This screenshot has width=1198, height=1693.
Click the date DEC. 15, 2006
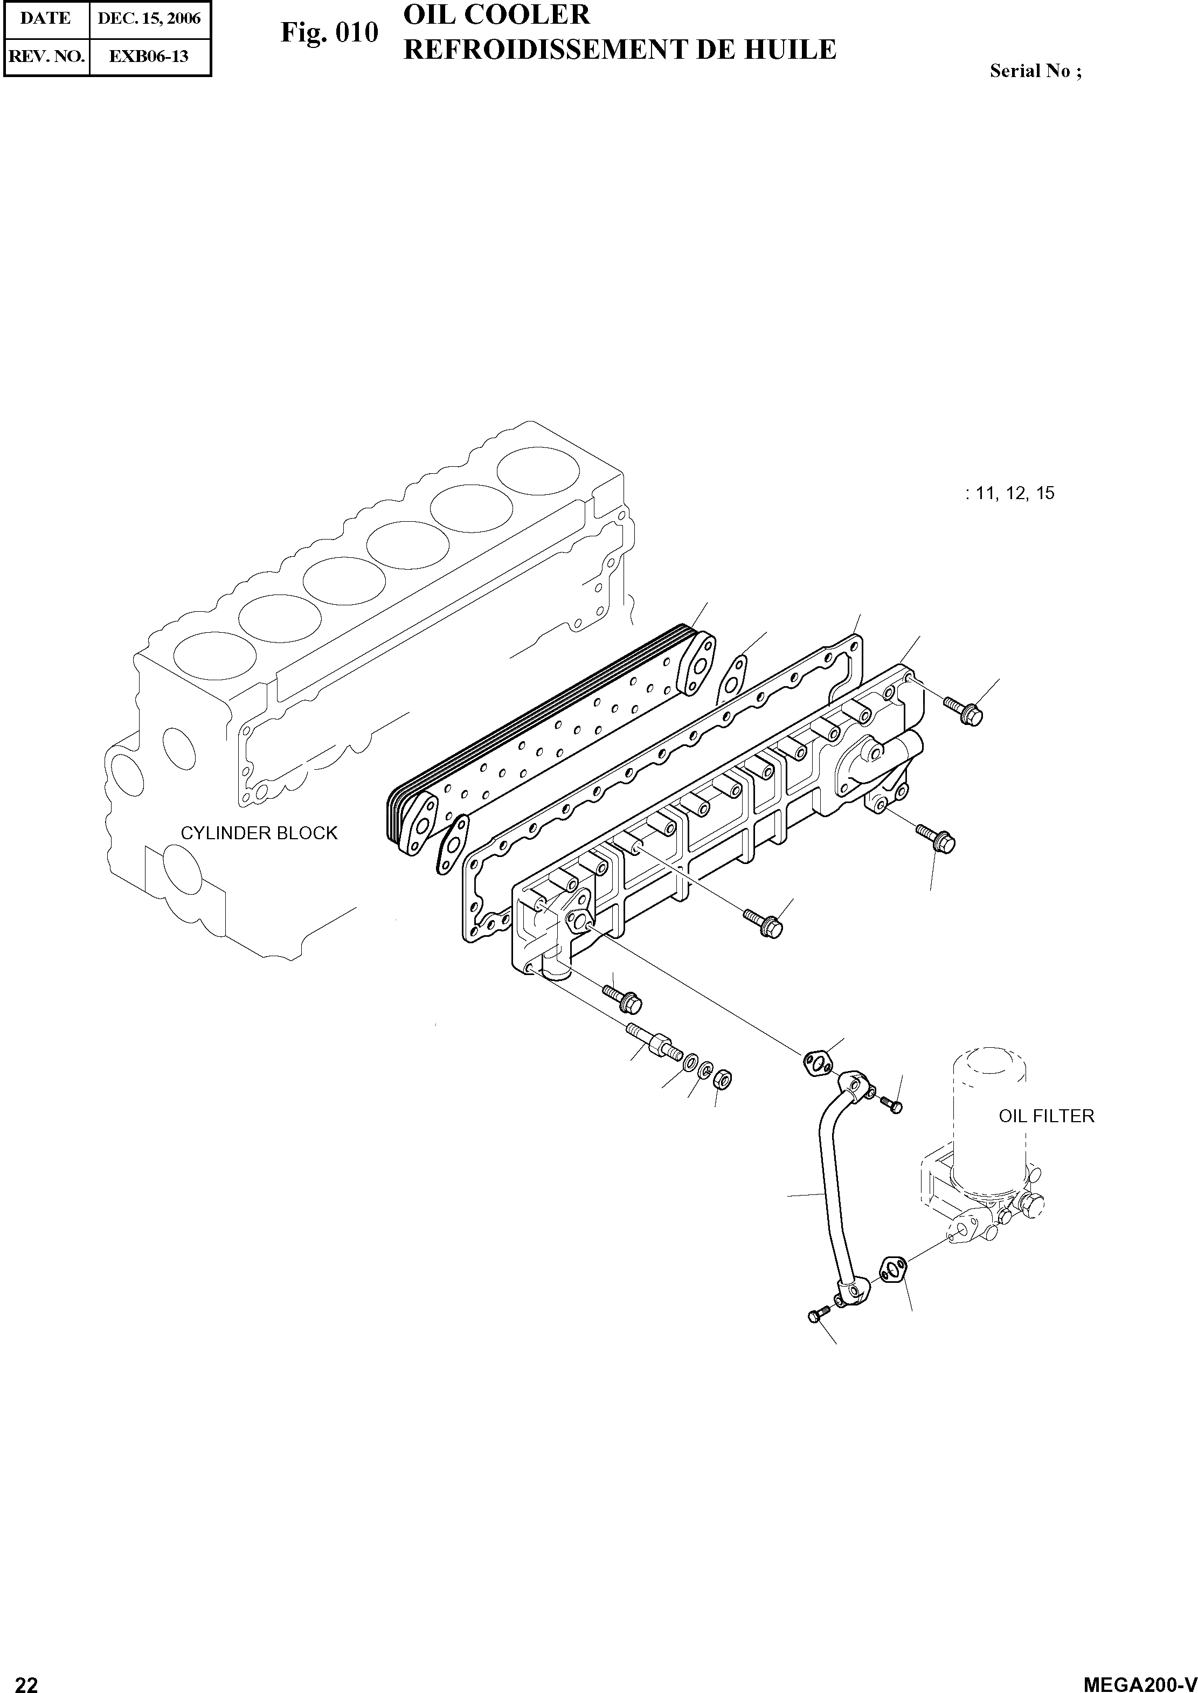[x=149, y=18]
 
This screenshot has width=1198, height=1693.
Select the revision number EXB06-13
[x=149, y=56]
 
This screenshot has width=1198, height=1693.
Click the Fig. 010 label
[x=329, y=33]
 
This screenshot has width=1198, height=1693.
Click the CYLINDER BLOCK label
[x=259, y=833]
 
